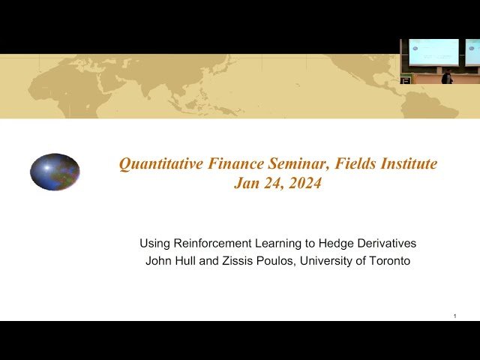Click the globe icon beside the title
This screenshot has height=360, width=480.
pyautogui.click(x=55, y=172)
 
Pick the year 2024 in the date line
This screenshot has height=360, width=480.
pyautogui.click(x=304, y=182)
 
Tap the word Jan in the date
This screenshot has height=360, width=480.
pyautogui.click(x=247, y=182)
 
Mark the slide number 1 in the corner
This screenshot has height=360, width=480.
pyautogui.click(x=455, y=316)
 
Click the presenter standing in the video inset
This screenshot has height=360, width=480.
pyautogui.click(x=448, y=76)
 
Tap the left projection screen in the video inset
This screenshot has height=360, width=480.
pyautogui.click(x=433, y=52)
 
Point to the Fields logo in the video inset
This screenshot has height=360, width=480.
pyautogui.click(x=406, y=79)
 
